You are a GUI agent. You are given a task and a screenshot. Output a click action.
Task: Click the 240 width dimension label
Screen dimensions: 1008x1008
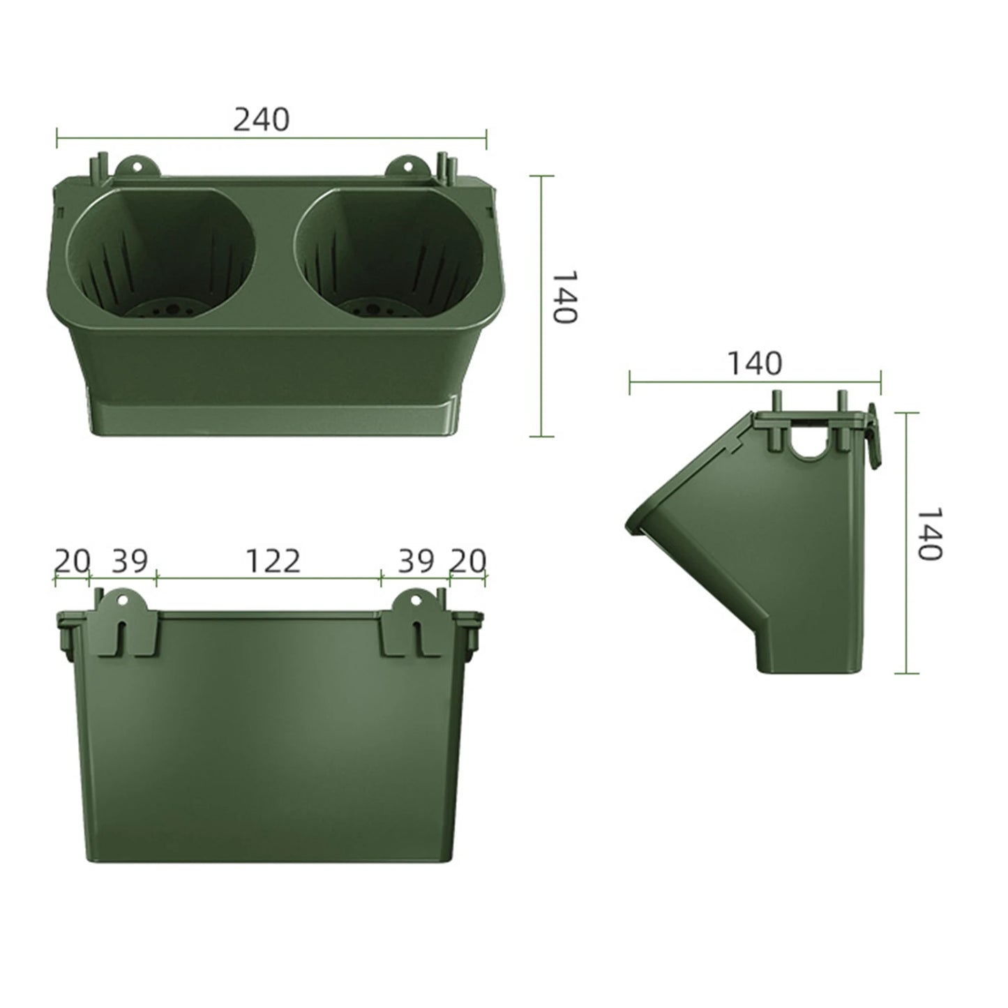click(x=261, y=120)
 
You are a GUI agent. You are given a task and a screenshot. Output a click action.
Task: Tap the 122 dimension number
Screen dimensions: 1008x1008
click(x=273, y=561)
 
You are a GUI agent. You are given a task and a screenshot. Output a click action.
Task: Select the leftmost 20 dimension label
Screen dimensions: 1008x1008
click(x=73, y=561)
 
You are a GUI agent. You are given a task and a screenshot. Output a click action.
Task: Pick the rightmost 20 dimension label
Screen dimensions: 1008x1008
click(x=467, y=561)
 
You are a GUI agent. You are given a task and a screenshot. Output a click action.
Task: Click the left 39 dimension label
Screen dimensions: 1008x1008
click(x=130, y=561)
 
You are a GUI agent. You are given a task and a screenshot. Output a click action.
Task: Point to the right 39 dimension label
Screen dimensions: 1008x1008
click(x=416, y=561)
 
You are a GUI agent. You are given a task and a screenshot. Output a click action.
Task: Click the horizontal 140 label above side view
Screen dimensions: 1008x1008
click(x=755, y=363)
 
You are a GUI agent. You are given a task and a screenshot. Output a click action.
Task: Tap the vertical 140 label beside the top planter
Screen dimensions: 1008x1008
click(x=564, y=297)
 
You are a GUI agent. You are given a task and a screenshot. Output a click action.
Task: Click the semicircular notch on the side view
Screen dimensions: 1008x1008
click(x=808, y=446)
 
